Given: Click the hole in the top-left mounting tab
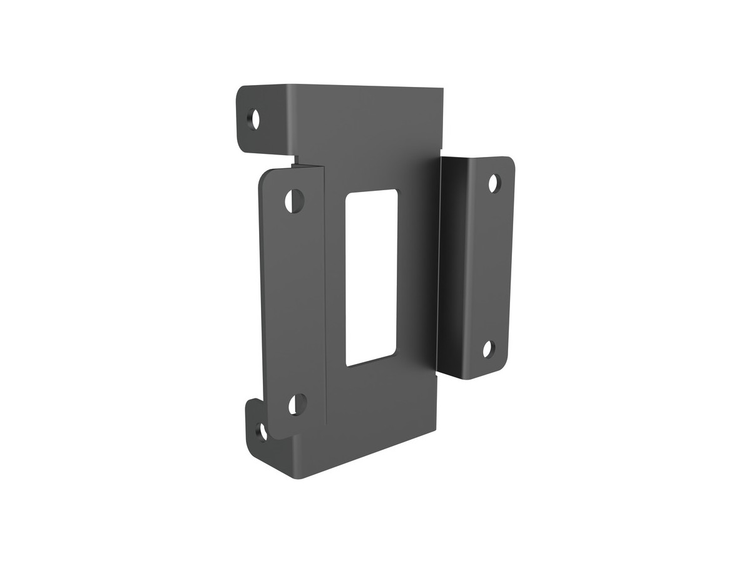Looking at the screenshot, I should click(x=254, y=118).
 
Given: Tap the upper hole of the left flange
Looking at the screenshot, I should click(x=294, y=200).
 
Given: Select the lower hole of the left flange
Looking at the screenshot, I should click(x=297, y=404).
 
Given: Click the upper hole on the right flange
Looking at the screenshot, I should click(x=494, y=183).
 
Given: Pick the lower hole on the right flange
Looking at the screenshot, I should click(x=488, y=349).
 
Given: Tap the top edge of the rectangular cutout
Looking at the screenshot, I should click(x=372, y=191).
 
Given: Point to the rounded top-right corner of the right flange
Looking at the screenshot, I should click(x=509, y=161).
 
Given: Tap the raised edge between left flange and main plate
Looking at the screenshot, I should click(x=325, y=294).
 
